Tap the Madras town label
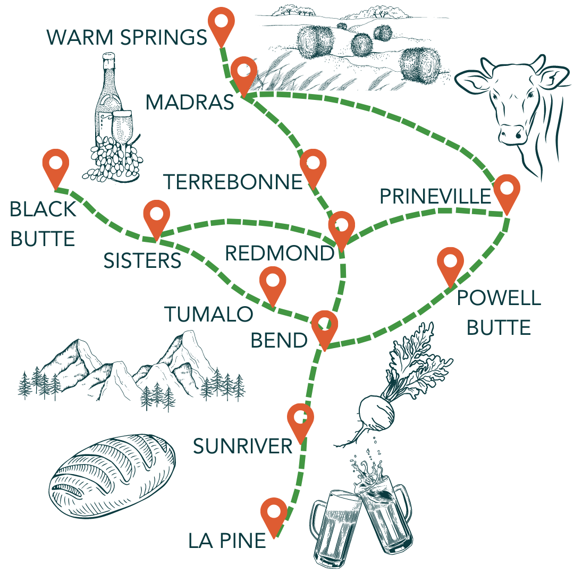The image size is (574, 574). point(190,102)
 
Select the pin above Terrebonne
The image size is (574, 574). point(312,165)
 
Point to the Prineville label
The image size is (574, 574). point(435,197)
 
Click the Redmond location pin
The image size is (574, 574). point(341,226)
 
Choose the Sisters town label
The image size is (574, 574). point(142,260)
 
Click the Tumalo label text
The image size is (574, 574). point(208,314)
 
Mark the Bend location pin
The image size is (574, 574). point(324,325)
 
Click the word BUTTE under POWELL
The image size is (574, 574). point(499,327)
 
